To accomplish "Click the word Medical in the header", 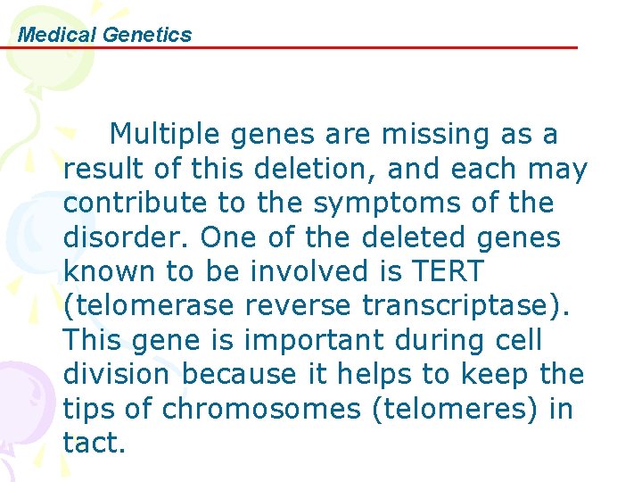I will (x=58, y=35).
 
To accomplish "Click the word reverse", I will (x=307, y=305).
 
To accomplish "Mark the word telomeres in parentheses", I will (x=459, y=408).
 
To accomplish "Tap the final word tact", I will (x=93, y=442).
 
